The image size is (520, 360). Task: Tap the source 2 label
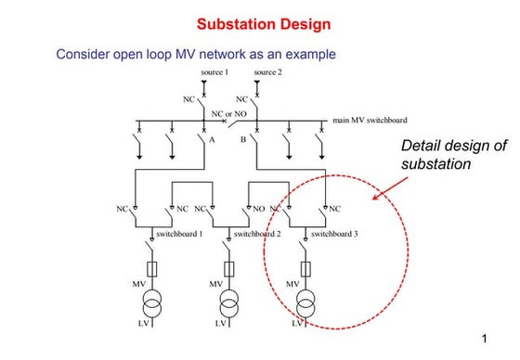pyautogui.click(x=266, y=72)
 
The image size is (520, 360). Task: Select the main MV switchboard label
pyautogui.click(x=369, y=120)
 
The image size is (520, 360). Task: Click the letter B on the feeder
pyautogui.click(x=243, y=140)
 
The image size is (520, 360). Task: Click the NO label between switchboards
pyautogui.click(x=260, y=208)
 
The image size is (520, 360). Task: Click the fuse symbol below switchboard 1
pyautogui.click(x=151, y=268)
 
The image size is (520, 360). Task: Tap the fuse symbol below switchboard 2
pyautogui.click(x=228, y=268)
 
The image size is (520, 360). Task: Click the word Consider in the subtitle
pyautogui.click(x=84, y=55)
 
